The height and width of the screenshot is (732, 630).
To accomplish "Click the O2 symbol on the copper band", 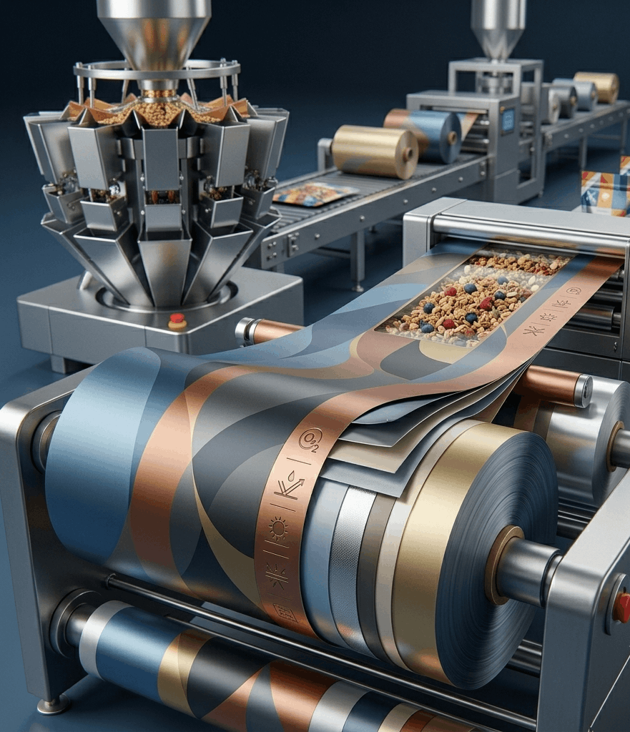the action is pyautogui.click(x=310, y=440).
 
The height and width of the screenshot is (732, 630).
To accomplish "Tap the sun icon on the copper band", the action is pyautogui.click(x=278, y=529).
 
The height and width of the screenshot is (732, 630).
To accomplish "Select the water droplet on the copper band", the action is pyautogui.click(x=292, y=475).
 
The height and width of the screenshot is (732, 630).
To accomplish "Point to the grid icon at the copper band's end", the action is pyautogui.click(x=285, y=613).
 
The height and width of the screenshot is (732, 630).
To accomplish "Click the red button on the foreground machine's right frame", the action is pyautogui.click(x=621, y=606).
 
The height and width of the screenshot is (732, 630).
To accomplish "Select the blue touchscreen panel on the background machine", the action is pyautogui.click(x=508, y=118).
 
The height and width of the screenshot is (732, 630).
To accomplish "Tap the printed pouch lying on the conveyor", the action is pyautogui.click(x=315, y=194).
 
